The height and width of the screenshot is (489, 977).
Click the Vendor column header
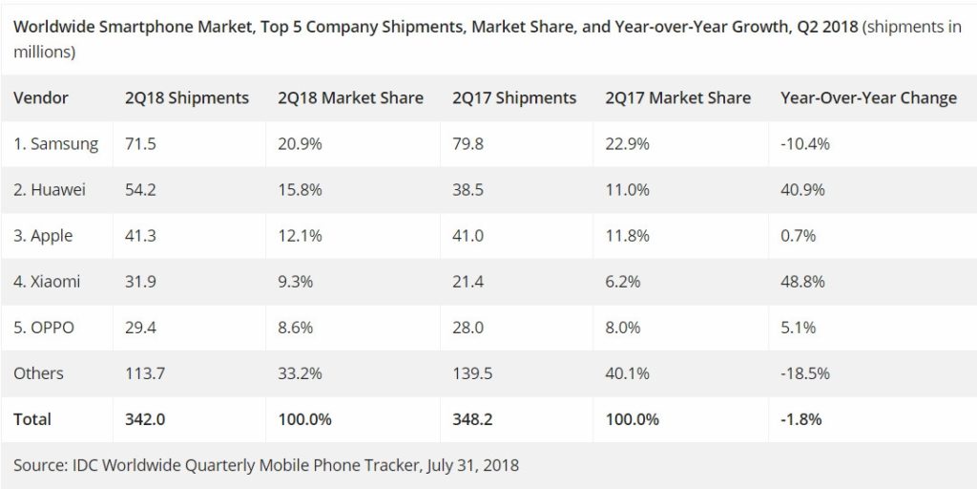[x=41, y=98]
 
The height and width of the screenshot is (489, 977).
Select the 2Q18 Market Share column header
[x=350, y=98]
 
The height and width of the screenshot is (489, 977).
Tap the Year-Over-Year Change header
[x=868, y=98]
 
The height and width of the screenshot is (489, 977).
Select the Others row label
[x=38, y=373]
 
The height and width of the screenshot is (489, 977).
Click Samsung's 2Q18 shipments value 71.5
[x=140, y=144]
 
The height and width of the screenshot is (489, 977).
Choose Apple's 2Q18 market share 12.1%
[x=298, y=236]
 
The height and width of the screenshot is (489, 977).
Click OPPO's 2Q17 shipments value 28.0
[x=469, y=328]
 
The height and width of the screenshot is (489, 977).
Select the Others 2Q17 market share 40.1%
[x=627, y=373]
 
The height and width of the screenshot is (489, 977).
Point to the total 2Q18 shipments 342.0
[x=145, y=419]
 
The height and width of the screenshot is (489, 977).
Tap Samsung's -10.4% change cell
[x=805, y=144]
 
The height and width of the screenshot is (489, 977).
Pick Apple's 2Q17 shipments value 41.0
[x=468, y=236]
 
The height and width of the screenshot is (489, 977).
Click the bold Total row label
[x=32, y=419]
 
